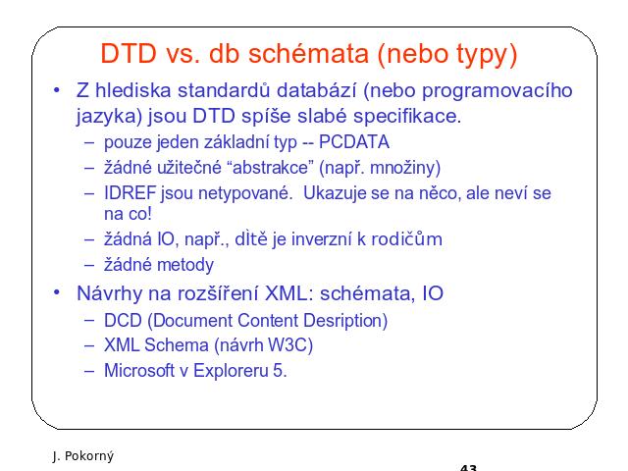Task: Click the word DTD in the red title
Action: point(129,54)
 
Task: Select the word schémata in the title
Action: point(308,54)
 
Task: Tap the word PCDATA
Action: point(354,142)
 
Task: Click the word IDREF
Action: point(131,193)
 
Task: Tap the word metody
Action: point(185,265)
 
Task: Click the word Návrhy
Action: point(109,293)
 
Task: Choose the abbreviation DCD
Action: point(123,321)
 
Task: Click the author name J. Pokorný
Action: point(82,456)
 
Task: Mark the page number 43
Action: point(469,468)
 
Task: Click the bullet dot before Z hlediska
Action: point(57,90)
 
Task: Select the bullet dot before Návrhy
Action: point(57,292)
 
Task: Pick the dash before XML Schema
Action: point(89,346)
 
